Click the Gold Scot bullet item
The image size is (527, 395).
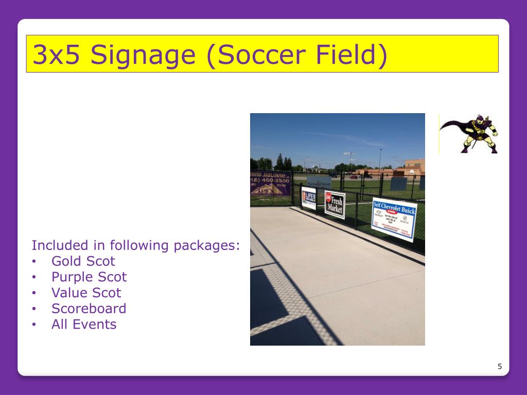83,261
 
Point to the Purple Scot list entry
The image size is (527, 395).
89,277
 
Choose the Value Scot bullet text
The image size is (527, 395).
86,293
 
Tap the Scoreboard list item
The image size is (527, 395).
89,309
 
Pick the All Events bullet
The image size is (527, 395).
84,325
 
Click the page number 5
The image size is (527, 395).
499,367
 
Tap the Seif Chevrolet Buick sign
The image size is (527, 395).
394,219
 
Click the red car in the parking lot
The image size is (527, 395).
354,177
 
